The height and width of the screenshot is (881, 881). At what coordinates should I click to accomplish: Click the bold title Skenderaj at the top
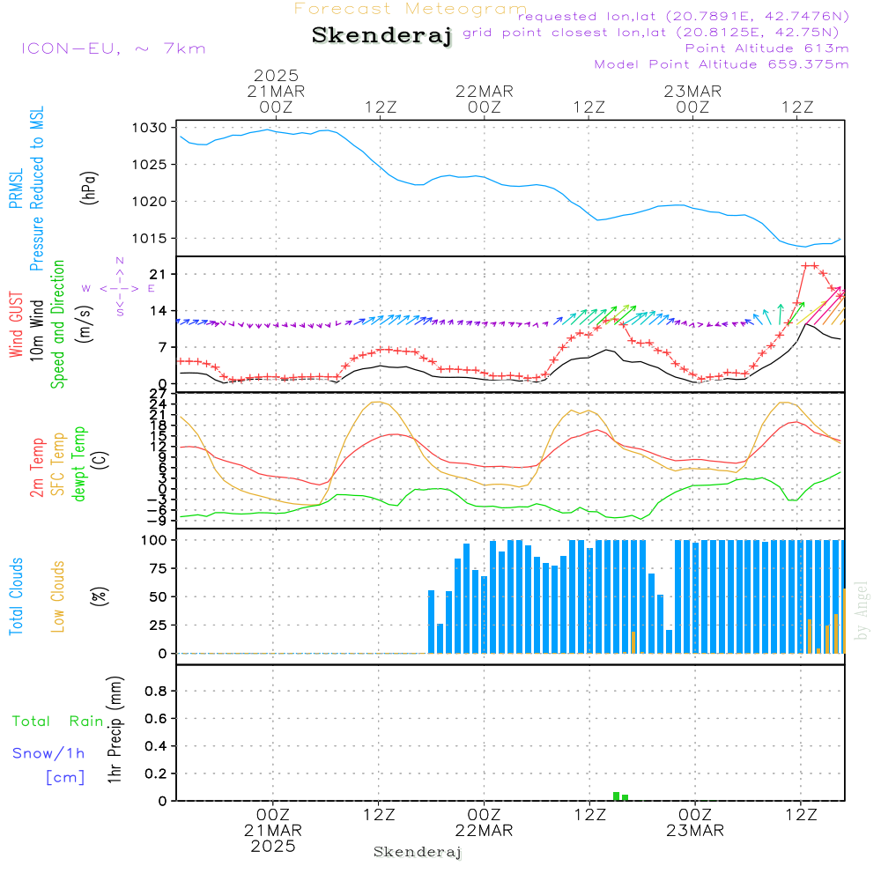coord(381,36)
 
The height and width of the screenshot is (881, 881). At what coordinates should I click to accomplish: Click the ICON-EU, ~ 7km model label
coord(113,48)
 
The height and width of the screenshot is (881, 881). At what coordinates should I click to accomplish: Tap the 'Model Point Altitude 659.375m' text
coord(722,64)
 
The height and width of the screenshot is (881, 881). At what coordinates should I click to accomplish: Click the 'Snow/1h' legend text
coord(49,753)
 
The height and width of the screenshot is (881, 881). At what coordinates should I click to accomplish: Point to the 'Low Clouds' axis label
coord(58,596)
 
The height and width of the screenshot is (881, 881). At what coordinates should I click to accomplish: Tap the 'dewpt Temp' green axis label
coord(80,464)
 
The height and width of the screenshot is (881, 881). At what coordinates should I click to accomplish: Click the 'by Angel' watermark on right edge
coord(862,611)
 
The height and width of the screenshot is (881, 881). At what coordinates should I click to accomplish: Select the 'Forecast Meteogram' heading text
coord(411,9)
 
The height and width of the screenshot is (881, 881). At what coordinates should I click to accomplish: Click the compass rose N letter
coord(120,262)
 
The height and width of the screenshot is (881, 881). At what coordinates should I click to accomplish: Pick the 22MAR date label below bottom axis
coord(485,831)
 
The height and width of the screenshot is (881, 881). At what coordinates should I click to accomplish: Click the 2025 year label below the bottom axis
coord(273,847)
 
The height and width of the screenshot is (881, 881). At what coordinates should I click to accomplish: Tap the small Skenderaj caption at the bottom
coord(418,852)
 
